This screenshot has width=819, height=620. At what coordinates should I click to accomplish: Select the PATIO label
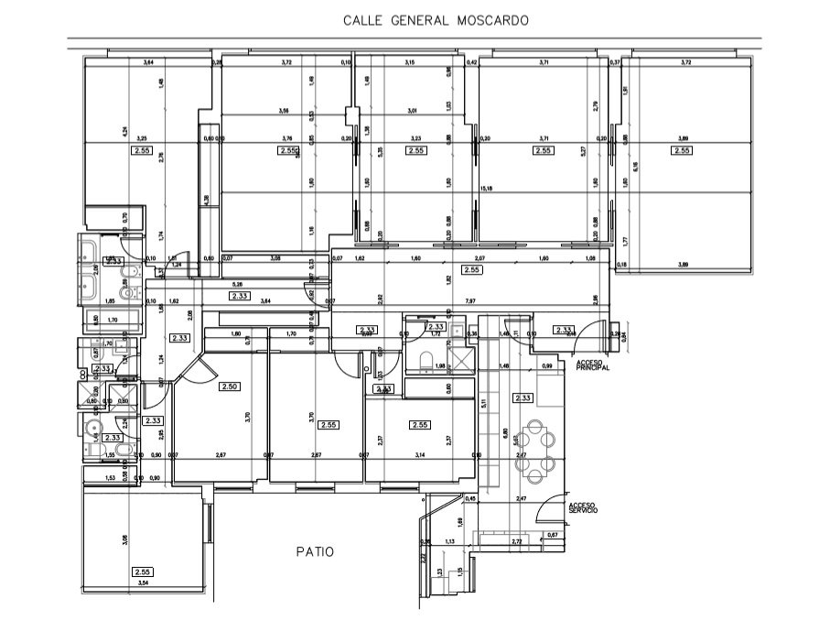point(314,551)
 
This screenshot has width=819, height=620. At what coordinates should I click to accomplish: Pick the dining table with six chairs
point(533,451)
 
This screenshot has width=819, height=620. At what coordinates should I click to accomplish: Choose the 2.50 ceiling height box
point(229,387)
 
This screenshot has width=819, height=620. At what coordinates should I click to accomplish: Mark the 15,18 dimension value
point(487,189)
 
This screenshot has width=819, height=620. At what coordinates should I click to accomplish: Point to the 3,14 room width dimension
point(420,455)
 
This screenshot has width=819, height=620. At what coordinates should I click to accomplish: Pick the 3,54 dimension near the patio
point(143,583)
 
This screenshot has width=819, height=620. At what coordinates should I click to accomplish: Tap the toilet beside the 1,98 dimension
point(425,363)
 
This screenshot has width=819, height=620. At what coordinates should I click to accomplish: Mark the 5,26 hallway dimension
point(238,284)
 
